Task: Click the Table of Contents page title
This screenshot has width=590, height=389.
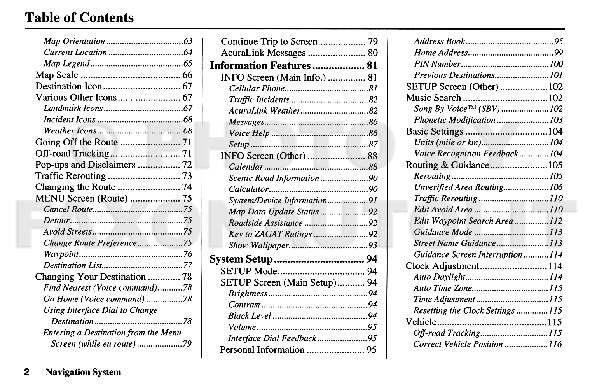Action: click(x=79, y=18)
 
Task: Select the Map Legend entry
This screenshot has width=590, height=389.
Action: click(x=66, y=63)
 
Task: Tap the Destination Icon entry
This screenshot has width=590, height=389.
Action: click(x=69, y=86)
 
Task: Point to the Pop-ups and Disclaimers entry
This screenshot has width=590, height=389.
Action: click(x=85, y=165)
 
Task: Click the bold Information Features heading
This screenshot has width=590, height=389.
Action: click(x=260, y=66)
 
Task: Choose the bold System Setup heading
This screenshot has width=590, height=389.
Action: click(x=241, y=259)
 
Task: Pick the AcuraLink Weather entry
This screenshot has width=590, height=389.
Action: click(x=264, y=111)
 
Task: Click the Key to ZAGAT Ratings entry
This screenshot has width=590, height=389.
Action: click(x=270, y=234)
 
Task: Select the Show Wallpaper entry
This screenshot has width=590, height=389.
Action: click(x=258, y=245)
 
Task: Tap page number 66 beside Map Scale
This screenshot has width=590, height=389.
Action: click(x=187, y=75)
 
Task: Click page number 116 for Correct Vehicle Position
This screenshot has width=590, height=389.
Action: click(x=555, y=344)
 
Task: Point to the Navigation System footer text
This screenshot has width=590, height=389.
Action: click(x=83, y=372)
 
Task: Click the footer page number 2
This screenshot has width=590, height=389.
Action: click(x=27, y=372)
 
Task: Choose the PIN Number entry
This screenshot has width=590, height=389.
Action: click(x=437, y=64)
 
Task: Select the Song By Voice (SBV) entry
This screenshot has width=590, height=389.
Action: click(x=457, y=109)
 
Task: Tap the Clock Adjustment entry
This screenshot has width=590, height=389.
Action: click(x=442, y=266)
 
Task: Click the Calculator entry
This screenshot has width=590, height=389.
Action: click(x=248, y=189)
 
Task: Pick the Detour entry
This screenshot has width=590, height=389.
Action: click(x=56, y=221)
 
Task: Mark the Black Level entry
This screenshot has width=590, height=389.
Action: click(x=250, y=316)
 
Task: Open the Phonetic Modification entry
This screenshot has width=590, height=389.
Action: click(x=455, y=120)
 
